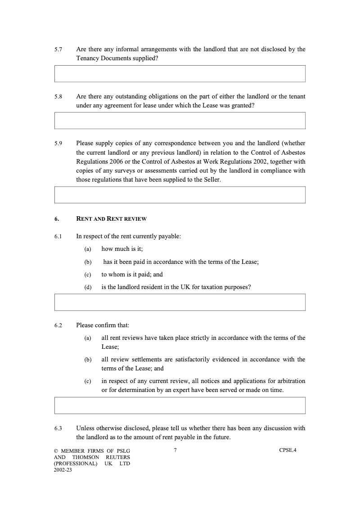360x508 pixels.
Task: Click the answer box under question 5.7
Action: point(180,74)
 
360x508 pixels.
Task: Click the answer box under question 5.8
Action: point(180,120)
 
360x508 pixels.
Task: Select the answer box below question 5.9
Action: point(180,195)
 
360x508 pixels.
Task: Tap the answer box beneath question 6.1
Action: point(180,302)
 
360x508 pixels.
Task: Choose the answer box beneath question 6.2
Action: point(180,405)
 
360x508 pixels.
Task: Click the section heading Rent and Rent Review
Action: point(111,219)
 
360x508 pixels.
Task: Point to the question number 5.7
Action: point(58,49)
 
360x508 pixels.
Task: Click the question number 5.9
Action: point(58,143)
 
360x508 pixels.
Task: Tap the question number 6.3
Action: point(58,428)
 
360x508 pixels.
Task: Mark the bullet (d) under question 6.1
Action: point(88,287)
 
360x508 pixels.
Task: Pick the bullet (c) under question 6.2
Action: point(88,381)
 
